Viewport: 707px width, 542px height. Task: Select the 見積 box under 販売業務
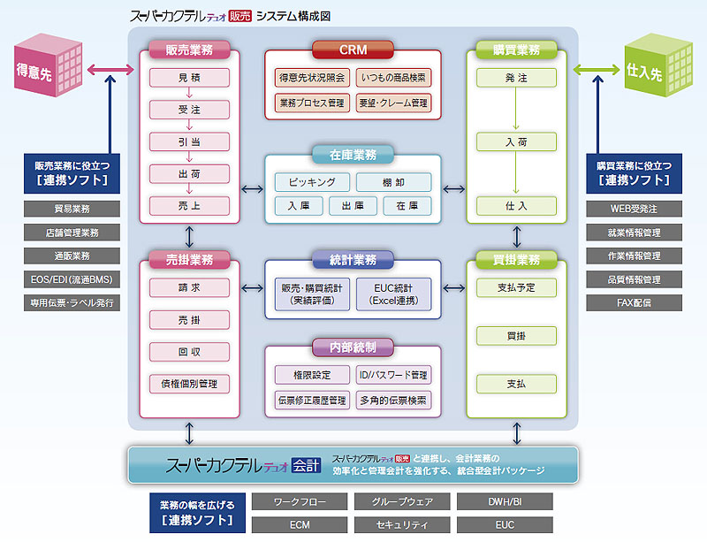pyautogui.click(x=189, y=78)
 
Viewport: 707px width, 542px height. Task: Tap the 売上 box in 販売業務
pyautogui.click(x=189, y=205)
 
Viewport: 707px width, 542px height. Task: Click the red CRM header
pyautogui.click(x=353, y=50)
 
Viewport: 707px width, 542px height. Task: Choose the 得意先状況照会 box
pyautogui.click(x=312, y=78)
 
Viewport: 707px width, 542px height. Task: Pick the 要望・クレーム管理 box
pyautogui.click(x=393, y=103)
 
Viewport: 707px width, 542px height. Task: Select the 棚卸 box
pyautogui.click(x=393, y=182)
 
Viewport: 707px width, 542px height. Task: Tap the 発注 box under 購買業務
pyautogui.click(x=516, y=78)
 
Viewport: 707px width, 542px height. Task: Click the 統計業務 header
pyautogui.click(x=353, y=260)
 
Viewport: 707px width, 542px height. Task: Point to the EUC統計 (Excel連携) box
pyautogui.click(x=393, y=294)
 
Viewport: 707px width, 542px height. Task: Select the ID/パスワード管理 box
pyautogui.click(x=393, y=375)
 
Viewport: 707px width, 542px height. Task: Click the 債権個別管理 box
pyautogui.click(x=189, y=383)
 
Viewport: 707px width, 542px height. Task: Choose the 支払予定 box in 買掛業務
pyautogui.click(x=516, y=287)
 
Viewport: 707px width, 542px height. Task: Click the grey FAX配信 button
pyautogui.click(x=635, y=302)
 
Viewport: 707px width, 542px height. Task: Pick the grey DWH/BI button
pyautogui.click(x=505, y=501)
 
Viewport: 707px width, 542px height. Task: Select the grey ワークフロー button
pyautogui.click(x=300, y=501)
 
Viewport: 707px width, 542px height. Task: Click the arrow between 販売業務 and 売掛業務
pyautogui.click(x=190, y=236)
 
